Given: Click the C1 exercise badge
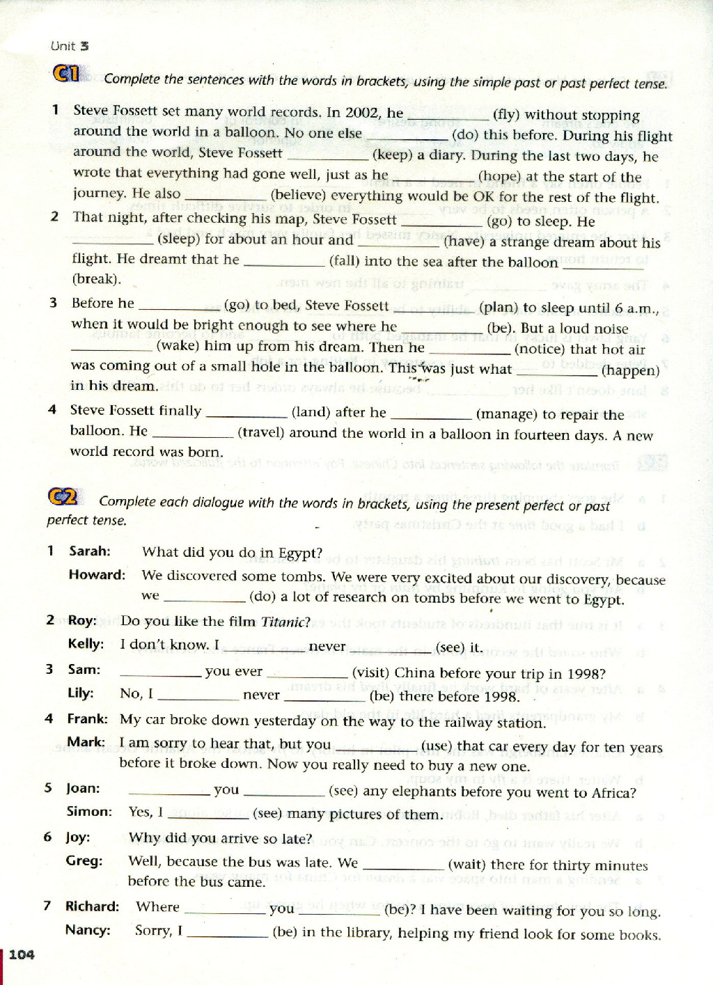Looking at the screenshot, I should (67, 73).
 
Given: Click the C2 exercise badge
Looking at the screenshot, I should (62, 497).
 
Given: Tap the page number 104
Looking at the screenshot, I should (22, 954).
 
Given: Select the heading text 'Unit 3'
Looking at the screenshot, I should (70, 46).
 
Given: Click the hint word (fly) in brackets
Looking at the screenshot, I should (506, 115).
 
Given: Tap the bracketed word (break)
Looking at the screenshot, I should (96, 279).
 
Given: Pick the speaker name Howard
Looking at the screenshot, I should (97, 575).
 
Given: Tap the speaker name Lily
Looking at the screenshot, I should (80, 693).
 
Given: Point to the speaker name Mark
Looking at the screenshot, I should (86, 742).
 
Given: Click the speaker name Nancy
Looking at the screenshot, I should (88, 930).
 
